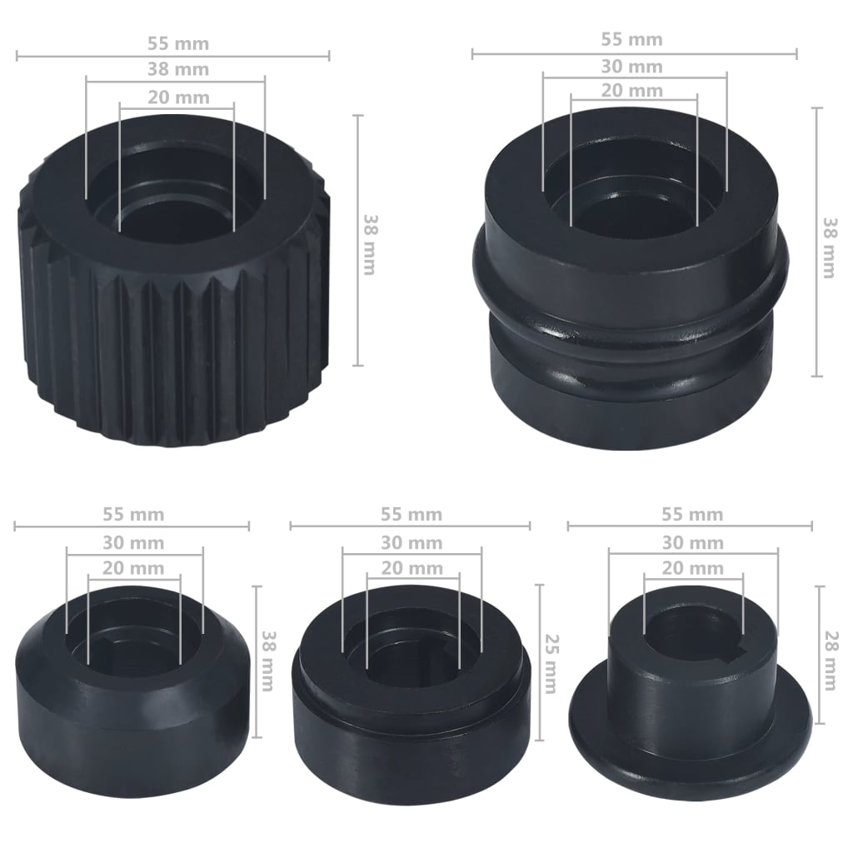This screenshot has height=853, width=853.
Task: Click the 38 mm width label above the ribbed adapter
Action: (x=177, y=70)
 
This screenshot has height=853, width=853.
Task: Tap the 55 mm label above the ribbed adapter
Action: (x=177, y=43)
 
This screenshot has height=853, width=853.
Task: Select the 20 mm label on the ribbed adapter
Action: (x=178, y=97)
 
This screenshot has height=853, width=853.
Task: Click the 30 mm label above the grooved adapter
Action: (x=632, y=67)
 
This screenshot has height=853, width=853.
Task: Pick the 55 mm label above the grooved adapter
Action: (x=632, y=39)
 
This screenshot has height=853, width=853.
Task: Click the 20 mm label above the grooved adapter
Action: (x=632, y=90)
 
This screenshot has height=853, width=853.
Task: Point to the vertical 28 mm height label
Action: (x=830, y=661)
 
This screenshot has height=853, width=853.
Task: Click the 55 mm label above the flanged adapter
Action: (x=692, y=514)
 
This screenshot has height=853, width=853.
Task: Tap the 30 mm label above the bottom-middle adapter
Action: (x=412, y=543)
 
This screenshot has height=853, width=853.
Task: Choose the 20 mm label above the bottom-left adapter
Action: (x=133, y=569)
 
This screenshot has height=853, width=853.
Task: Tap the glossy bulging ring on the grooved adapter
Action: (x=633, y=329)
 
